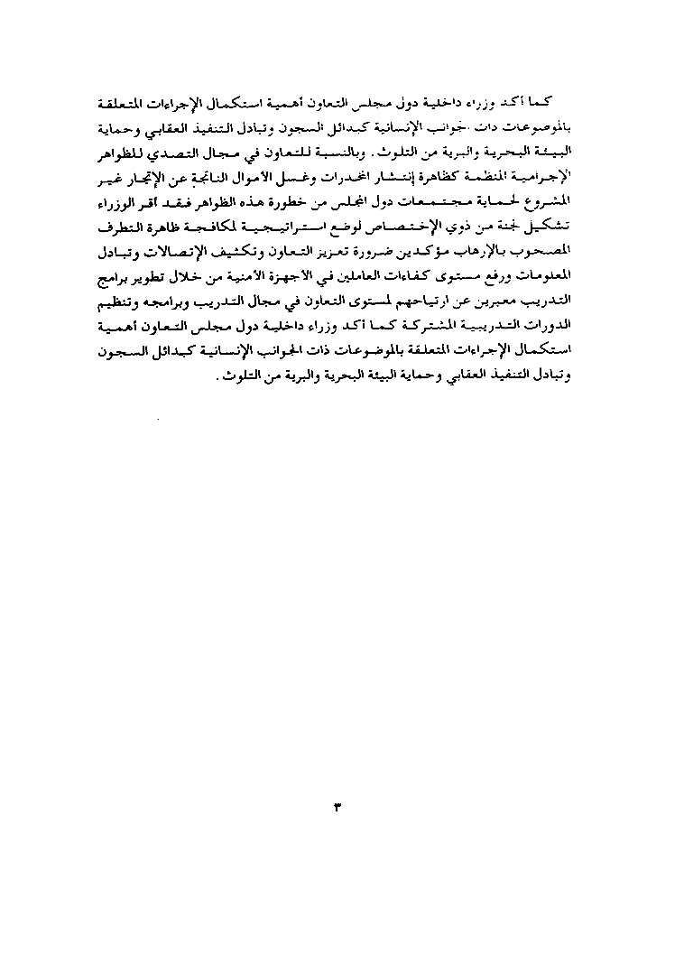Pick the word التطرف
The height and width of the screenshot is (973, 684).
click(x=117, y=223)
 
